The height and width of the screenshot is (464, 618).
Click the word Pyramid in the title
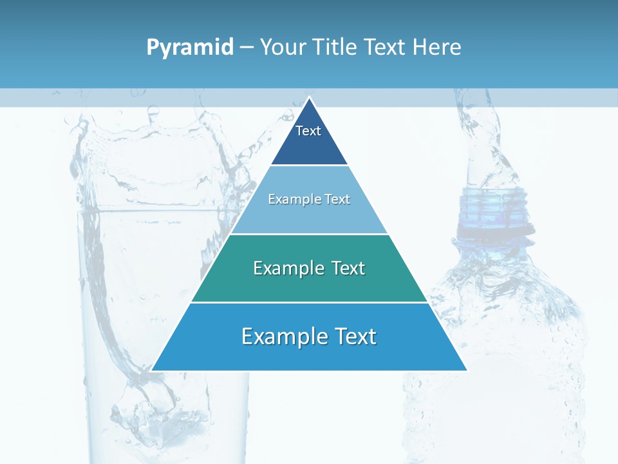[190, 48]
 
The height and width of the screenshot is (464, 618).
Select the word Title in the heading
[336, 48]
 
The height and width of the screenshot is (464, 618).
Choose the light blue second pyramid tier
[309, 216]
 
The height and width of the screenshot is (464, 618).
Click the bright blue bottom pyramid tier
[309, 354]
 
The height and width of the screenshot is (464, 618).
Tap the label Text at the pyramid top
[308, 131]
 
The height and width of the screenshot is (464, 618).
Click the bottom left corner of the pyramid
[152, 370]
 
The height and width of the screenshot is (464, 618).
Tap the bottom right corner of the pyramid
[466, 370]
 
